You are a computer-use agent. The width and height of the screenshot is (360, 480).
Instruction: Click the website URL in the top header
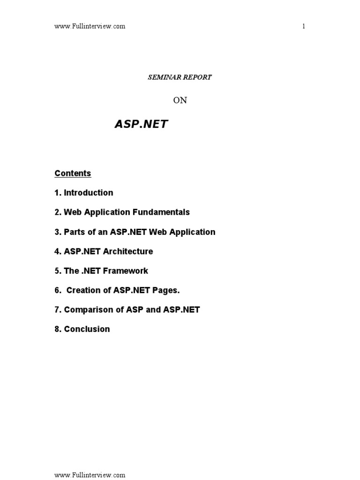[90, 26]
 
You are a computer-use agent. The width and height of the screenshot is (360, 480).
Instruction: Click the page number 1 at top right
[304, 26]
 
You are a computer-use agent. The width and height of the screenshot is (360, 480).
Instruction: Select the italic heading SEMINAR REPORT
[180, 77]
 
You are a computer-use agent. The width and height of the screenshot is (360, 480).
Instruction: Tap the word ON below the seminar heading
[180, 100]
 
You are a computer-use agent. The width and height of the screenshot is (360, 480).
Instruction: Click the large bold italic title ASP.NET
[141, 124]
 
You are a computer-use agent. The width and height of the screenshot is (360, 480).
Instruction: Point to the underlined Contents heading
[73, 173]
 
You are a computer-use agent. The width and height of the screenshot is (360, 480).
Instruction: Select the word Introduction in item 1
[89, 193]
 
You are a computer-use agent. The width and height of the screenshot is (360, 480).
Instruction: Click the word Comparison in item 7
[85, 310]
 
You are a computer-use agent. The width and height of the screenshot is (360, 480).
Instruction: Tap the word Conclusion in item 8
[87, 330]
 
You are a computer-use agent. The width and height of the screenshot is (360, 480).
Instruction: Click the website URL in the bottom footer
[90, 475]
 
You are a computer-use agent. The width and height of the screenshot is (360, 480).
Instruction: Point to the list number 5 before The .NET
[57, 271]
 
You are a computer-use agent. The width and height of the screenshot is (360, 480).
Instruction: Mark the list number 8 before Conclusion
[57, 330]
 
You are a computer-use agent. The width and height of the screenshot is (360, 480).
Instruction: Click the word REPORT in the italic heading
[197, 77]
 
